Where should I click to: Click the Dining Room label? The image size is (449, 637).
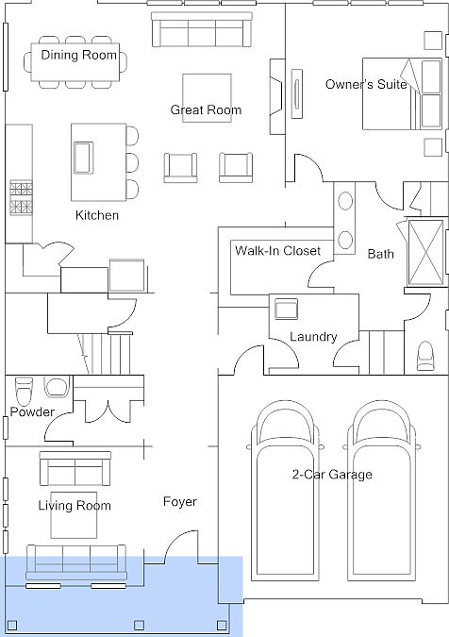78,55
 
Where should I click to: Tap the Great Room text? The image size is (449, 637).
206,109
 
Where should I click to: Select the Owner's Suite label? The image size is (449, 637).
366,84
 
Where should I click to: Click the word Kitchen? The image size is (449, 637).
97,215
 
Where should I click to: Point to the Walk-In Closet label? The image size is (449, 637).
277,250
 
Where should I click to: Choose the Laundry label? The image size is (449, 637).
313,337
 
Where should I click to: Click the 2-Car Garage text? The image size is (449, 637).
332,474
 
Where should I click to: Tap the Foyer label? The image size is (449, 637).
180,502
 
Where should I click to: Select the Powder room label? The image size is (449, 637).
32,412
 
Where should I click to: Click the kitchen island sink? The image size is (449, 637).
83,158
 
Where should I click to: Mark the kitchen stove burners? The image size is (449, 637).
21,198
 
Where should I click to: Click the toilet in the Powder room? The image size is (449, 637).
24,389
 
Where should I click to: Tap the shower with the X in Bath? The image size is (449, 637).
425,252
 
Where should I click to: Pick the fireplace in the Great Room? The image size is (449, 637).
277,96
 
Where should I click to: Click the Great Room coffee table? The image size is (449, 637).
207,98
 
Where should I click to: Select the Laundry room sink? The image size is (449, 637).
286,310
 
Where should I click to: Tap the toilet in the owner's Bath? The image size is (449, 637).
425,356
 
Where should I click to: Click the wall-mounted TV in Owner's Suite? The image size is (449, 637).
297,94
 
